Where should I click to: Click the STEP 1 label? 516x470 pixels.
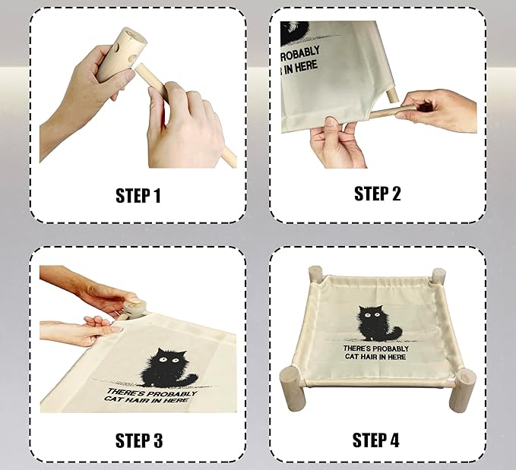tap(138, 195)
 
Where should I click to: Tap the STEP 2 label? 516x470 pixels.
tap(377, 193)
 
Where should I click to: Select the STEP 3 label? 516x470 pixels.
tap(138, 440)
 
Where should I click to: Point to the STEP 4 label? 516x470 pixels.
tap(377, 440)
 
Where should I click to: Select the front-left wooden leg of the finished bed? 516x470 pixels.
tap(293, 377)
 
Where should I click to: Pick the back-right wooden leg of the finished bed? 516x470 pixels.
tap(438, 276)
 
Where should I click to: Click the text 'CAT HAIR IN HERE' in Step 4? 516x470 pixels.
tap(375, 357)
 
